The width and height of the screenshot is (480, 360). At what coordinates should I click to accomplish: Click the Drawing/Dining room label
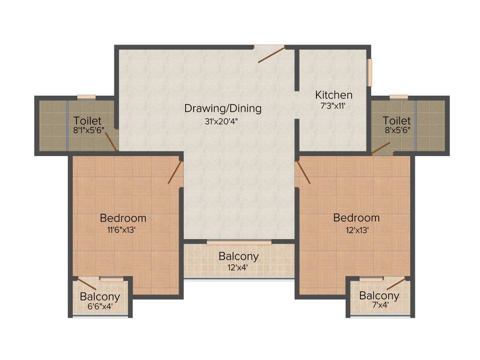pos(223,108)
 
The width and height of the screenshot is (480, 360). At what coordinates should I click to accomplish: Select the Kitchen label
pos(333,95)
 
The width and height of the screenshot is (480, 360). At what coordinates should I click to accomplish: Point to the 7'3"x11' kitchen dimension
pos(333,106)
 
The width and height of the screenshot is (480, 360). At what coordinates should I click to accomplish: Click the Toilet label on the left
pos(87,121)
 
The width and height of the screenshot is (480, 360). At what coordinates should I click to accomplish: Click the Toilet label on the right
pos(397,120)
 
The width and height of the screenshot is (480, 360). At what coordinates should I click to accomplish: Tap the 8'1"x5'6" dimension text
pos(88,131)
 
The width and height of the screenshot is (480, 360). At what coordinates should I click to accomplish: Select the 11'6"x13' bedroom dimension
pos(123,230)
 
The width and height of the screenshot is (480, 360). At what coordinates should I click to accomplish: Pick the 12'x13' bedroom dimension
pos(356,230)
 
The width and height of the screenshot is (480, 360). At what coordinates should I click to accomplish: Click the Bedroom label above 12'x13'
pos(356,218)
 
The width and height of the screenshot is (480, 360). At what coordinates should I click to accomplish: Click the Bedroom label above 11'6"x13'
pos(123,218)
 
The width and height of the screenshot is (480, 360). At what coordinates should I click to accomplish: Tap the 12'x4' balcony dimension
pos(238,268)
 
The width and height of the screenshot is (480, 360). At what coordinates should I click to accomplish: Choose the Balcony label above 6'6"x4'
pos(99,297)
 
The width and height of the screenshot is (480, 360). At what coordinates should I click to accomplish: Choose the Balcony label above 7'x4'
pos(379,296)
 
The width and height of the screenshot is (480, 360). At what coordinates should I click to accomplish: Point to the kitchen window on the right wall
pos(369,73)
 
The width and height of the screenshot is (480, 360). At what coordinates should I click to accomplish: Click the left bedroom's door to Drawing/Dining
pos(175,172)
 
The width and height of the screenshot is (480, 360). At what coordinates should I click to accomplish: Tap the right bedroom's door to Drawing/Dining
pos(302,172)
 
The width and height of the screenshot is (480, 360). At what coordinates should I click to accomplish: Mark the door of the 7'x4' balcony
pos(396,283)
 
